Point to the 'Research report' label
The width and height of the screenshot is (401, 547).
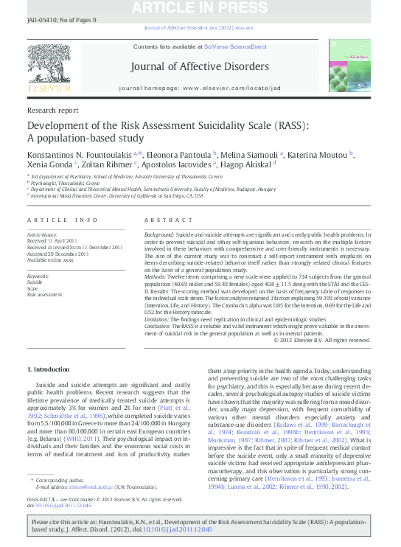52,110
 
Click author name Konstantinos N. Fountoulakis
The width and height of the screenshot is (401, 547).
79,154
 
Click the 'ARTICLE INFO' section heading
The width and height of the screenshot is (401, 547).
62,220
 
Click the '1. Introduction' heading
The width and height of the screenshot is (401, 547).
49,369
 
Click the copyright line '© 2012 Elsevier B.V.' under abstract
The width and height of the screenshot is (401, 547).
321,340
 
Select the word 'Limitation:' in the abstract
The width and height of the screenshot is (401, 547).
160,318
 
